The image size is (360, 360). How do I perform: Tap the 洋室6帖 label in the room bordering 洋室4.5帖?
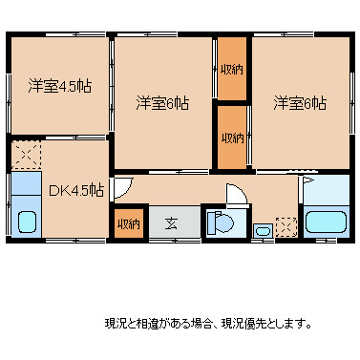pos(161,102)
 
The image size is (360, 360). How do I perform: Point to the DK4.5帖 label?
pos(75,190)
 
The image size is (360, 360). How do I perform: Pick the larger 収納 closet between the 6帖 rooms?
pos(231,69)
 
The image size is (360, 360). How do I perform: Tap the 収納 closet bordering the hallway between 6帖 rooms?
pos(231,137)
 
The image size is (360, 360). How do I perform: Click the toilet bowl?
pos(222,224)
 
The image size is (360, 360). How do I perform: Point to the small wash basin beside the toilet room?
pos(262,229)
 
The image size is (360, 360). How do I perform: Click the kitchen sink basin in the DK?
pos(26,224)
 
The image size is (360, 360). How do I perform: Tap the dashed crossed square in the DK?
pos(25,155)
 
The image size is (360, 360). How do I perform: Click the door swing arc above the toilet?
pos(237,194)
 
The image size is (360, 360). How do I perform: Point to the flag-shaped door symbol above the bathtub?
pos(308,181)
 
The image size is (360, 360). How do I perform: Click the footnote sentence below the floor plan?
pos(207,324)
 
